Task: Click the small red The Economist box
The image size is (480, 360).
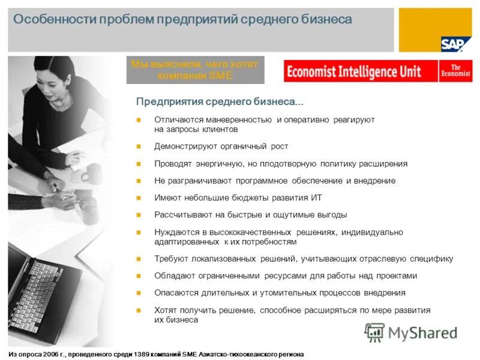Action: [455, 71]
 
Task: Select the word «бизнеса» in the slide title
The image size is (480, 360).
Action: [326, 20]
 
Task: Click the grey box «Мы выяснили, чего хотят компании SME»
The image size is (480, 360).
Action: [194, 70]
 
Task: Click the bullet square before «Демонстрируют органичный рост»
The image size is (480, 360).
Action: [138, 146]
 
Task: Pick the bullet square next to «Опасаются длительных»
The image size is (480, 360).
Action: [138, 293]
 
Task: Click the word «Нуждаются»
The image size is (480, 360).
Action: [174, 232]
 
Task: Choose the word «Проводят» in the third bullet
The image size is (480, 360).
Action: [170, 164]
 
